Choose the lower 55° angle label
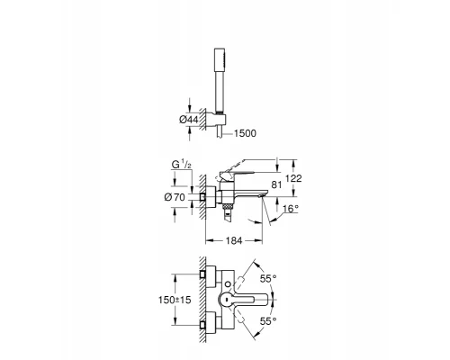[268, 319]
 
